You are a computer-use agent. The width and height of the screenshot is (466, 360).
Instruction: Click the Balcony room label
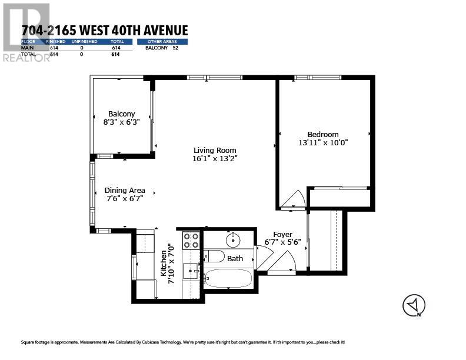click(x=121, y=114)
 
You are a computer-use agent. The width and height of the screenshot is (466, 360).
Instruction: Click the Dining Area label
click(x=125, y=190)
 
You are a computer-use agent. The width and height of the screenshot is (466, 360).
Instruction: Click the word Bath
click(x=235, y=258)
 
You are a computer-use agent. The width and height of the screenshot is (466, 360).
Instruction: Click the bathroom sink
click(x=234, y=239)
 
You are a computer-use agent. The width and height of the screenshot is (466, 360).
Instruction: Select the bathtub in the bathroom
click(x=228, y=278)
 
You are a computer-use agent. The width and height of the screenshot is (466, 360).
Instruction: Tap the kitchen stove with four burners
click(x=190, y=241)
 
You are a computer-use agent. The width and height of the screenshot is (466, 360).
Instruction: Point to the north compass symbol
click(x=414, y=305)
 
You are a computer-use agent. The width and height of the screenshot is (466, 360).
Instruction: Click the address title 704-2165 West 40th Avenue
click(x=104, y=31)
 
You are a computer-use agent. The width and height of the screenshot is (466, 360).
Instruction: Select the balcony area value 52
click(x=175, y=48)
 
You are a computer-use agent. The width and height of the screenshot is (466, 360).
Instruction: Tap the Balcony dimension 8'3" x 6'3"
click(x=121, y=122)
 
